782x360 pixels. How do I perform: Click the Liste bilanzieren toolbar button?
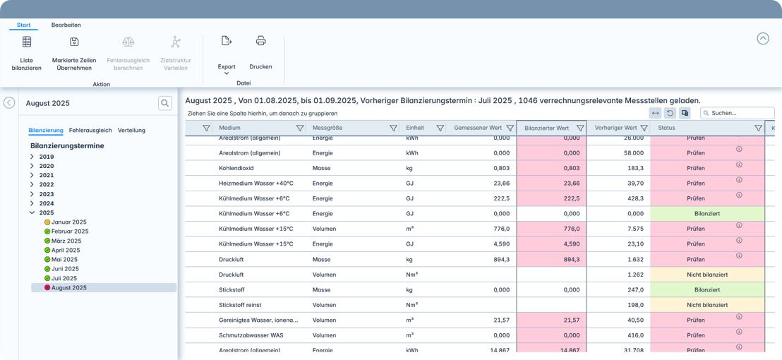(x=27, y=54)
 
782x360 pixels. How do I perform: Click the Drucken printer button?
(x=260, y=54)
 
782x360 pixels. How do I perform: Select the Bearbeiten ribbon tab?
(x=66, y=25)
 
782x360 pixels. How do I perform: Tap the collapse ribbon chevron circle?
(x=762, y=39)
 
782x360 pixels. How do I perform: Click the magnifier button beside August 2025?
(x=165, y=104)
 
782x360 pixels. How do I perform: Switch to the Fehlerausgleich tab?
(x=90, y=130)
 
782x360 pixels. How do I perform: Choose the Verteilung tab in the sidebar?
(x=131, y=130)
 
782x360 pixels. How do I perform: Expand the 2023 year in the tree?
(x=32, y=194)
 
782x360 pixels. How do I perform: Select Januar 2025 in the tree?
(x=69, y=222)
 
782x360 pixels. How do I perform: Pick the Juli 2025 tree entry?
(x=64, y=278)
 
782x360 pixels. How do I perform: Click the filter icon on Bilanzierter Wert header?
(x=580, y=128)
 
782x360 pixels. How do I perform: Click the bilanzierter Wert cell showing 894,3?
(x=551, y=259)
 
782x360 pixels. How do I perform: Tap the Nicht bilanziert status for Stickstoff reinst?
(x=706, y=305)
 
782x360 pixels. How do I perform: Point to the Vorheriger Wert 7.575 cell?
(x=618, y=229)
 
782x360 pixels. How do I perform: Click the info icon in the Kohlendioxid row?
(x=739, y=164)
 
